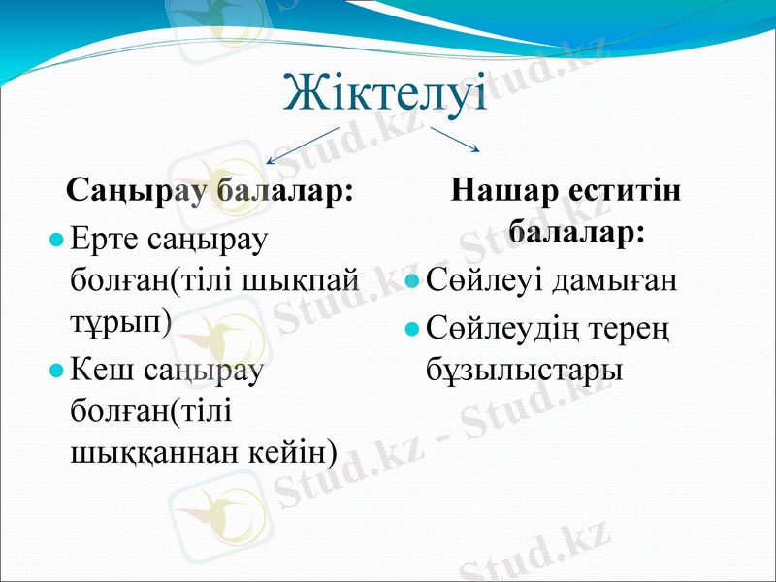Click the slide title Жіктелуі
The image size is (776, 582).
[x=385, y=92]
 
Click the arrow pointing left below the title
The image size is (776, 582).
[x=302, y=145]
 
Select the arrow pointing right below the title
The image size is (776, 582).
[x=455, y=139]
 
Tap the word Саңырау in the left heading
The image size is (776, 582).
[x=136, y=191]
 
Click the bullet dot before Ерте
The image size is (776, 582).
[x=58, y=239]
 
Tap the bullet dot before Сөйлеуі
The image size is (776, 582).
[x=412, y=282]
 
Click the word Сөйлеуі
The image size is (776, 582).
[x=484, y=282]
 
